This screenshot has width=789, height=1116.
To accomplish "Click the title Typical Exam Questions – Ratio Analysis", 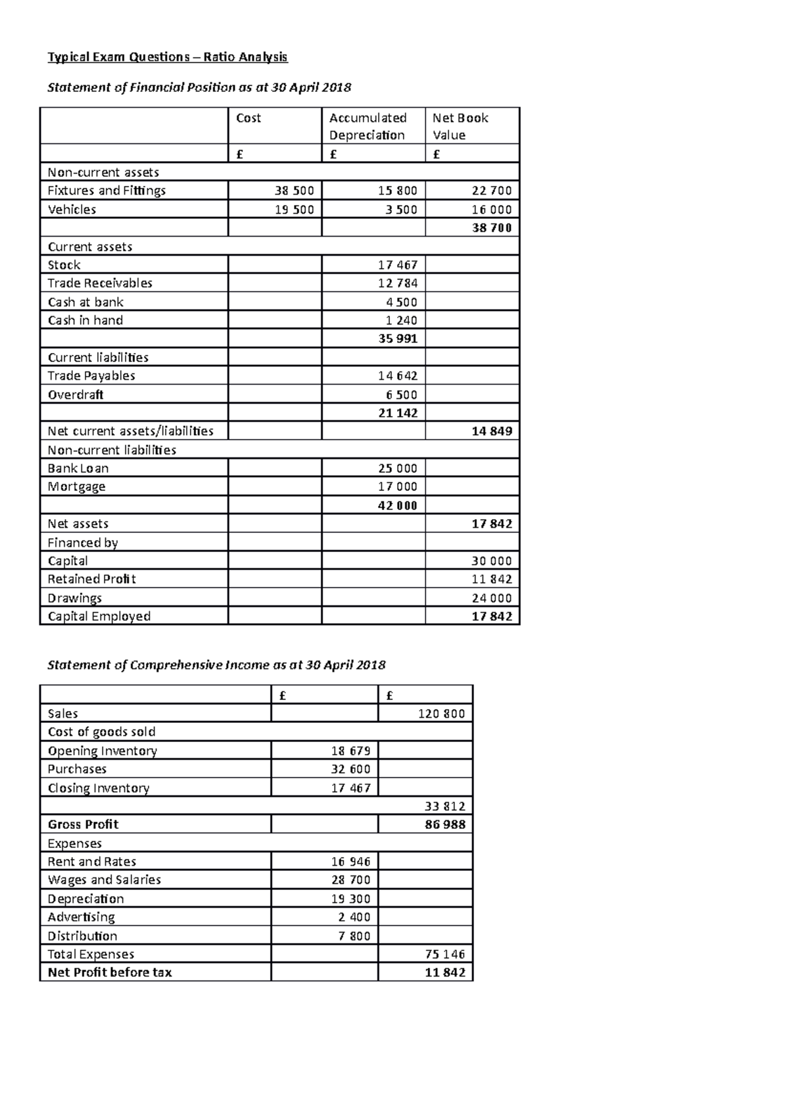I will (168, 57).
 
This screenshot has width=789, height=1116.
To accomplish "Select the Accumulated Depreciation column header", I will (368, 126).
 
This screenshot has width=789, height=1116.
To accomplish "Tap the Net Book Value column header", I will (460, 126).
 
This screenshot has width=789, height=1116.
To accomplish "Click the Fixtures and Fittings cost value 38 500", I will (294, 191).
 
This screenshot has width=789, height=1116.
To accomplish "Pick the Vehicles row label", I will (72, 210).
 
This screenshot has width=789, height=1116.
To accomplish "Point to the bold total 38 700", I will (491, 228).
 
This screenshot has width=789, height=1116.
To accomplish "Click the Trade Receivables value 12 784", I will (397, 283).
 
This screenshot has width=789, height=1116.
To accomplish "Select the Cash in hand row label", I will (85, 321).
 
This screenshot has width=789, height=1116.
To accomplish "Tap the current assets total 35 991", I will (397, 339).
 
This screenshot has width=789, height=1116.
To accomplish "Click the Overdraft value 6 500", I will (400, 395).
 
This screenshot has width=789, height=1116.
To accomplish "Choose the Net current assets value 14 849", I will (491, 432).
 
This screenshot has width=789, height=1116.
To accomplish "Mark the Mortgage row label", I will (76, 487).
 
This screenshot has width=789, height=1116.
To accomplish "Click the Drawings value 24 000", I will (491, 598).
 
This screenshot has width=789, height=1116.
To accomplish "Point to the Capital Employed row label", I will (99, 616).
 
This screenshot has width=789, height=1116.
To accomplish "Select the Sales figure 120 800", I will (441, 714).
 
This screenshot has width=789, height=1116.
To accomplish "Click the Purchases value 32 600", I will (350, 769).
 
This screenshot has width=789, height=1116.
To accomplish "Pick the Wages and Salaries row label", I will (104, 880).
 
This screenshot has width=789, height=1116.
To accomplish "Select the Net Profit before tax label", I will (110, 973).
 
